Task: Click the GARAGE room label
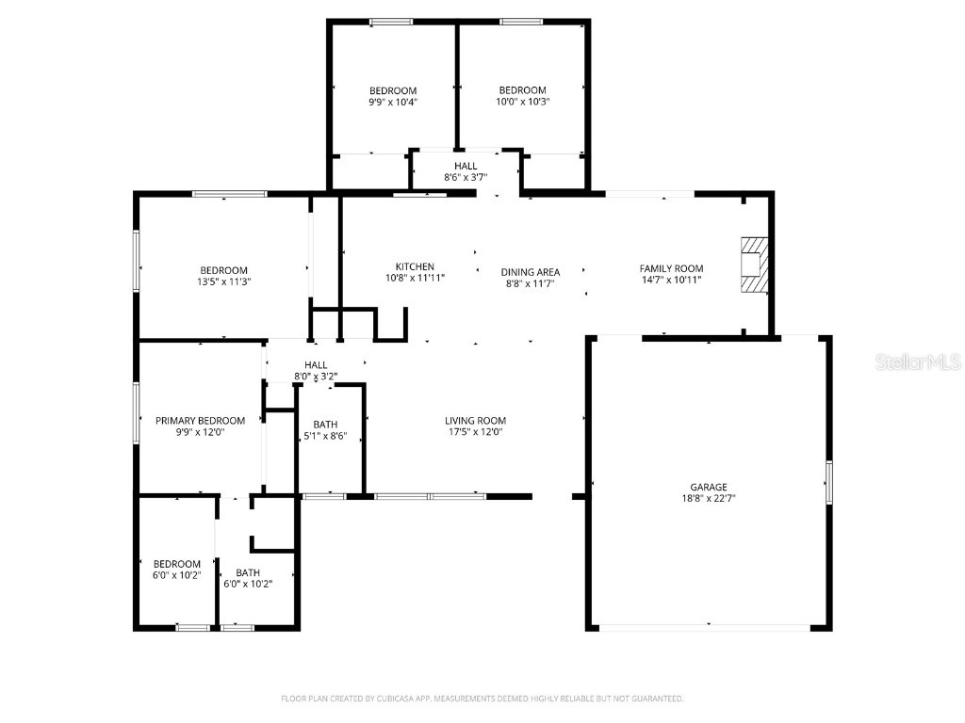point(708,487)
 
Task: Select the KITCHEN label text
point(415,266)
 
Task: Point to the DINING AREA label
point(530,272)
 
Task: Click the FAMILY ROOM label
point(671,268)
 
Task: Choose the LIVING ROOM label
point(475,421)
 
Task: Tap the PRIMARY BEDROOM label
point(200,421)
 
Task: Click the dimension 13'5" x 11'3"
point(223,281)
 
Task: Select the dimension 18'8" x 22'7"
point(708,498)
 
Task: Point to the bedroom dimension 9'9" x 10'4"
point(392,102)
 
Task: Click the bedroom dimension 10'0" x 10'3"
point(523,102)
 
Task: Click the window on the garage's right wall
point(829,482)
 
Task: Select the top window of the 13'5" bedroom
point(229,194)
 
